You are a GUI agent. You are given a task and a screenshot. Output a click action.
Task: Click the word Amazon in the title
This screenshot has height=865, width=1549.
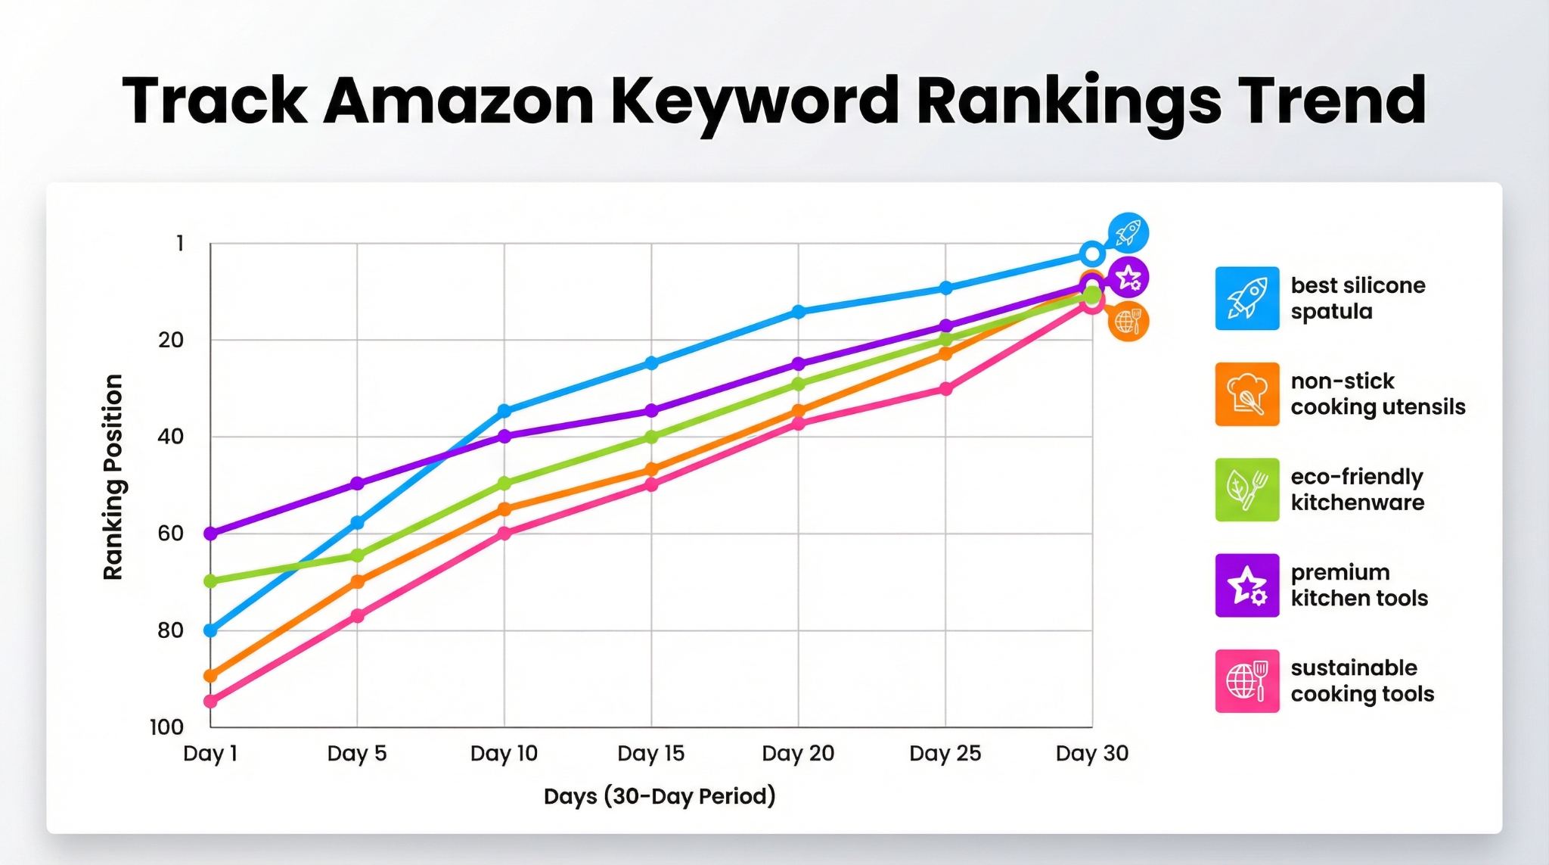pyautogui.click(x=458, y=101)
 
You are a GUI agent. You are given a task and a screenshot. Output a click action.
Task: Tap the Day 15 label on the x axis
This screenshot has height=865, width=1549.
pyautogui.click(x=650, y=753)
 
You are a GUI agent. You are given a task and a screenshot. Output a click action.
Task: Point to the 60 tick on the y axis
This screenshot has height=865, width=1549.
pyautogui.click(x=170, y=534)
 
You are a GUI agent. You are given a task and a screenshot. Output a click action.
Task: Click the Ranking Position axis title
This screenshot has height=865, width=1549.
pyautogui.click(x=113, y=477)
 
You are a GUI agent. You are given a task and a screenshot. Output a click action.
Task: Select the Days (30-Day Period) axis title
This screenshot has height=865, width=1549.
pyautogui.click(x=660, y=796)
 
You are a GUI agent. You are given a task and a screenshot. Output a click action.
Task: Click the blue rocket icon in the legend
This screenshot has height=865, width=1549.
pyautogui.click(x=1246, y=298)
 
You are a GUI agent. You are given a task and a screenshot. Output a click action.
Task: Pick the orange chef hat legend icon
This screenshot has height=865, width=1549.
pyautogui.click(x=1246, y=394)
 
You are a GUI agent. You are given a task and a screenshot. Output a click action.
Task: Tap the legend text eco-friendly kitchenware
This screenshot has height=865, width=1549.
pyautogui.click(x=1357, y=490)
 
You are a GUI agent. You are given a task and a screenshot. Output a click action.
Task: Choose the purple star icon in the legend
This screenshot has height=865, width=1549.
pyautogui.click(x=1246, y=585)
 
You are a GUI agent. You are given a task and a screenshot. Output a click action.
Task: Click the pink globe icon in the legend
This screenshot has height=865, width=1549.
pyautogui.click(x=1246, y=681)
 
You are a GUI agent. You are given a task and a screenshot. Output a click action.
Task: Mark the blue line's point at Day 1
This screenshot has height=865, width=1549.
pyautogui.click(x=211, y=630)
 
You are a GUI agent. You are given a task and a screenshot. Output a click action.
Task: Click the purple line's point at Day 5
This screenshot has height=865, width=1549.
pyautogui.click(x=357, y=484)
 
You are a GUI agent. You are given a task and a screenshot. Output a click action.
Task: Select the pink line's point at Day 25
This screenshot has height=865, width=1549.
pyautogui.click(x=945, y=389)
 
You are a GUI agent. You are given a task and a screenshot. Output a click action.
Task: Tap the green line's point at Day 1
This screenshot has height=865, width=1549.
pyautogui.click(x=211, y=581)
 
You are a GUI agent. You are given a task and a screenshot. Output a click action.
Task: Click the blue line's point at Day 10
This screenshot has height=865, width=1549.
pyautogui.click(x=504, y=411)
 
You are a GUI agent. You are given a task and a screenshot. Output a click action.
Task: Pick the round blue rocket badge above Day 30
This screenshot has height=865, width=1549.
pyautogui.click(x=1128, y=233)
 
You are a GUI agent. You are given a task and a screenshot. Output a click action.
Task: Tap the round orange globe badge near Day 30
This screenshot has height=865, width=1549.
pyautogui.click(x=1128, y=322)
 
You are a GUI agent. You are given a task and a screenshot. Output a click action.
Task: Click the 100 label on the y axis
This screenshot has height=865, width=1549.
pyautogui.click(x=167, y=727)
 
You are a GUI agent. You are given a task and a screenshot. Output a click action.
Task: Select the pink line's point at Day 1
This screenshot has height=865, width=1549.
pyautogui.click(x=211, y=702)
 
